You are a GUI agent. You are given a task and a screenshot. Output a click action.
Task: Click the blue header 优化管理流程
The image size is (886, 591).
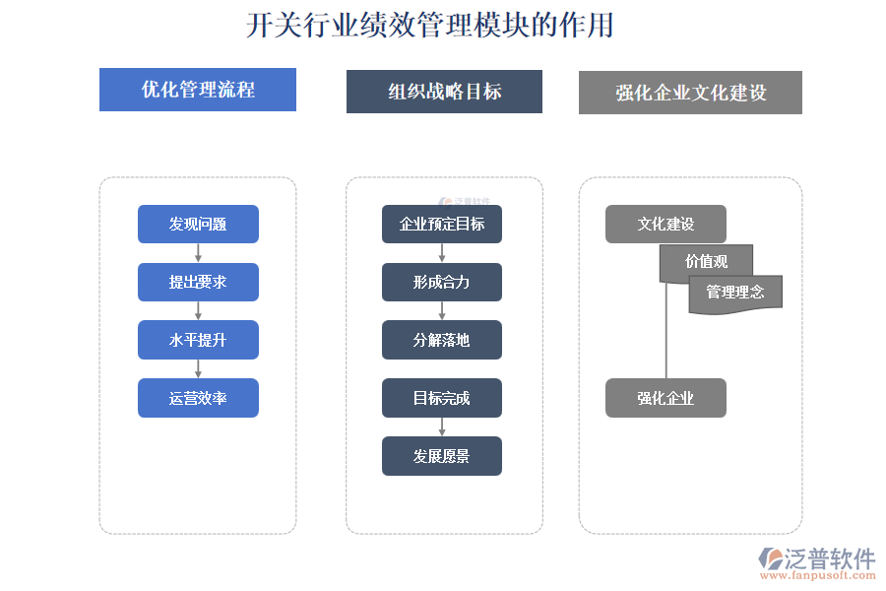[198, 90]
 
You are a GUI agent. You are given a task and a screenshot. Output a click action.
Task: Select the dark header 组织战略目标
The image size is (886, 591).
[444, 92]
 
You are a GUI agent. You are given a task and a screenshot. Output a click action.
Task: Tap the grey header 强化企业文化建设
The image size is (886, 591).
[690, 93]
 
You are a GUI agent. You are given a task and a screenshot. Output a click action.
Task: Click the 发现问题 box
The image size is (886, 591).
[198, 224]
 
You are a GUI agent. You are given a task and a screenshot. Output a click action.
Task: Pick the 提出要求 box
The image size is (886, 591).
[198, 283]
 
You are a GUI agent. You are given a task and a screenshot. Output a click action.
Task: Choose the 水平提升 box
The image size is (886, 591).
[198, 340]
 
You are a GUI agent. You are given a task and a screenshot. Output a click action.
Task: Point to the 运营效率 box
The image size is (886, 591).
[198, 398]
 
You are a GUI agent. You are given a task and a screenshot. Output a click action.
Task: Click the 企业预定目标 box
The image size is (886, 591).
[442, 224]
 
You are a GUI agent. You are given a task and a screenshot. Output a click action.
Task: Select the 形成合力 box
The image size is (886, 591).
[442, 283]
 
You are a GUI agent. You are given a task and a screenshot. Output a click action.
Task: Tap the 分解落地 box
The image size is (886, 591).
[442, 340]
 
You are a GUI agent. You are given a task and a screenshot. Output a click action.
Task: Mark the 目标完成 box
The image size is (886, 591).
[442, 398]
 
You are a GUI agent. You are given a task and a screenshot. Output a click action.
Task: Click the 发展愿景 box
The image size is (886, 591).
[442, 456]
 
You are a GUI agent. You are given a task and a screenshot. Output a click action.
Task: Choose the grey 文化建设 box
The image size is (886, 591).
[665, 224]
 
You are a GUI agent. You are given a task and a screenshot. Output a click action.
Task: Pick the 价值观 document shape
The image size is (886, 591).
[706, 261]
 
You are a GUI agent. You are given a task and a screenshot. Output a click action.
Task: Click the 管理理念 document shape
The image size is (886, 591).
[735, 293]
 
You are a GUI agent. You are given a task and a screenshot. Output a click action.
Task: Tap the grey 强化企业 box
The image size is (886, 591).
[665, 398]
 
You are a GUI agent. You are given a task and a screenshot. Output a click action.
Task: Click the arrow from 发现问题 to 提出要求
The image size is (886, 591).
[198, 253]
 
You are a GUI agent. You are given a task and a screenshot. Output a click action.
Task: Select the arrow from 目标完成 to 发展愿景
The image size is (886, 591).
[442, 427]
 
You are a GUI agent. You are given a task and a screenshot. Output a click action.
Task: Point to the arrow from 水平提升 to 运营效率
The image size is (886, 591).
[198, 368]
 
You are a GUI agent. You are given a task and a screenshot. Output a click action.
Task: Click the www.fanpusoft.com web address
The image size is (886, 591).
[818, 575]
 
